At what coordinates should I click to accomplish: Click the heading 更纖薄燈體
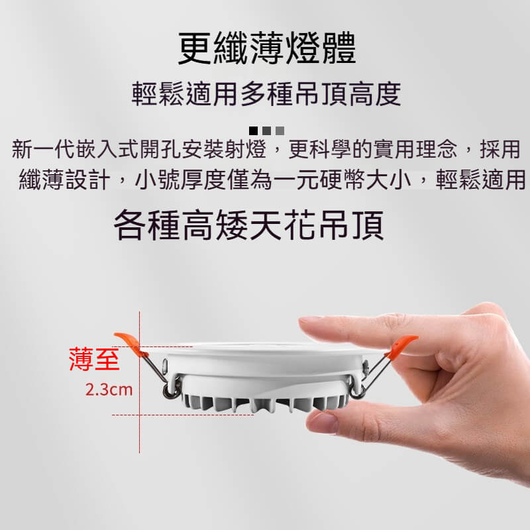tap(267, 48)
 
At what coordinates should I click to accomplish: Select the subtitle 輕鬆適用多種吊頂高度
tap(266, 93)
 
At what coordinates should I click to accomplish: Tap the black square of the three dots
tap(253, 131)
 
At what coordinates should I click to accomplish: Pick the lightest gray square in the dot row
tap(280, 131)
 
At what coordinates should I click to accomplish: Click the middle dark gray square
tap(266, 131)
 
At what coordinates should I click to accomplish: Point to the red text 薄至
tap(94, 360)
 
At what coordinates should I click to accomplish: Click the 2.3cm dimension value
tap(109, 390)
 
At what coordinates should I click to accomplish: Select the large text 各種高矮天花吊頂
tap(249, 225)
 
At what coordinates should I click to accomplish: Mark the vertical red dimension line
tap(140, 382)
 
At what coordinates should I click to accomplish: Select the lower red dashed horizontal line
tap(183, 415)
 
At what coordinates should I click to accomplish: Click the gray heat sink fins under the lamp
tap(264, 403)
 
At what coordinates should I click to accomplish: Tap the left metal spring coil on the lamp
tap(168, 391)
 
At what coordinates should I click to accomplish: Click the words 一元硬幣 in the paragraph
tap(319, 179)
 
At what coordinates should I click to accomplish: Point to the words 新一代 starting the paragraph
tap(44, 149)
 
